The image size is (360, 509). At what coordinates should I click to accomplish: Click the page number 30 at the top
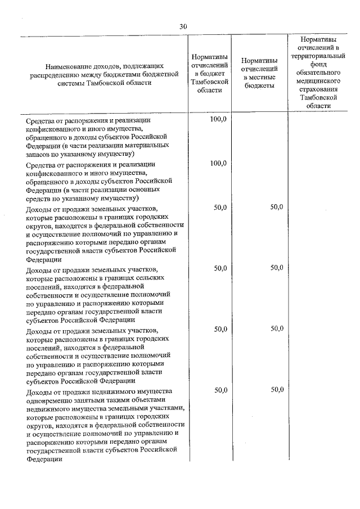[x=183, y=26]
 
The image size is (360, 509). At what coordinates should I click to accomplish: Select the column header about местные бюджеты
[x=259, y=73]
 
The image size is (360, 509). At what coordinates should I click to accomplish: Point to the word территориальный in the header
[x=318, y=57]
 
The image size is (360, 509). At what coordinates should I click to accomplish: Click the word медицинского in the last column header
[x=318, y=81]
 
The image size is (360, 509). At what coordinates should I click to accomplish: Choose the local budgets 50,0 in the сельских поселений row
[x=276, y=268]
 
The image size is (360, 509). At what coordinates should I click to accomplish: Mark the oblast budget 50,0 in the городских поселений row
[x=218, y=328]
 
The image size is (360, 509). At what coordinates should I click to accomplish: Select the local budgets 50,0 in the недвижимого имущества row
[x=276, y=389]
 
